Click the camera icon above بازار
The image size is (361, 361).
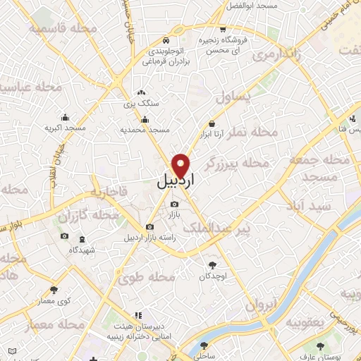click(x=174, y=204)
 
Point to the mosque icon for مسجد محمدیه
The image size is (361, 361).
click(x=144, y=119)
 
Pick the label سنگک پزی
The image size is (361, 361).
click(x=142, y=103)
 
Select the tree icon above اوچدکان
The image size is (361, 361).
click(x=212, y=265)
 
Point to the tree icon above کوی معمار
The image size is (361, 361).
click(x=54, y=289)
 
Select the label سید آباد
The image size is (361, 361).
click(x=307, y=204)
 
